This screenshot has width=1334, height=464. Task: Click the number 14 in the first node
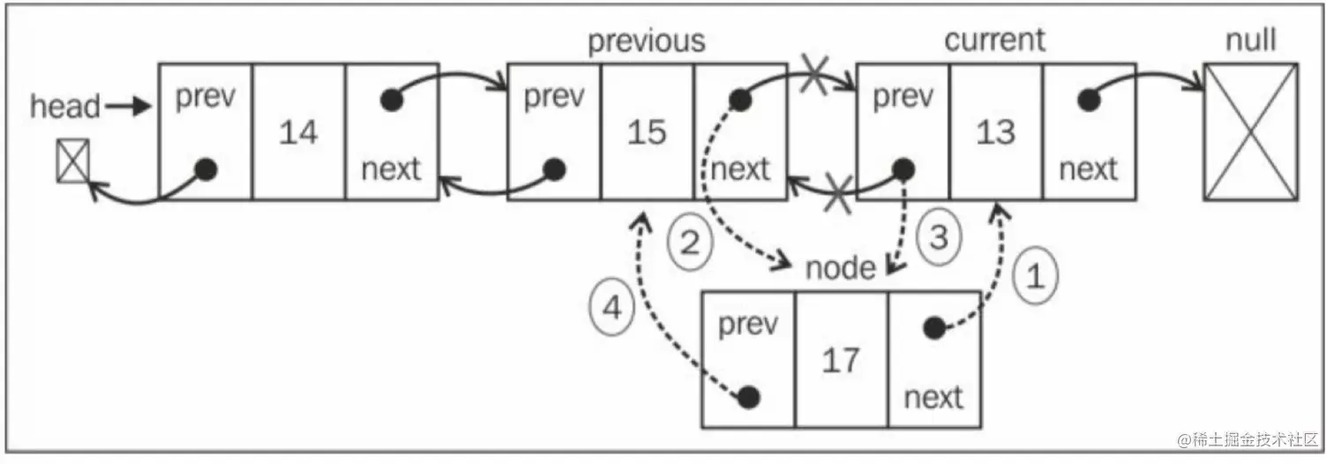click(298, 132)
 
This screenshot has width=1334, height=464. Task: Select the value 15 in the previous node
click(647, 132)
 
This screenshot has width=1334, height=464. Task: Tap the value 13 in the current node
click(996, 132)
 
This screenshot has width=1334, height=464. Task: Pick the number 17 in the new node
click(841, 360)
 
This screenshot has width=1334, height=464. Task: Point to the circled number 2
click(689, 240)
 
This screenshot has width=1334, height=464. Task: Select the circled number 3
click(940, 235)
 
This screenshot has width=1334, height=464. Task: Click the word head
click(65, 107)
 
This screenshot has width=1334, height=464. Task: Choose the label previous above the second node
click(647, 41)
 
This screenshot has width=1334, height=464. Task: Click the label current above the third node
click(994, 40)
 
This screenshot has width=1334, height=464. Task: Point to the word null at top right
click(1251, 40)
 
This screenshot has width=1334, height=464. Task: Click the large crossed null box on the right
click(1251, 131)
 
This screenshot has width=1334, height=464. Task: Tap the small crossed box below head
click(72, 162)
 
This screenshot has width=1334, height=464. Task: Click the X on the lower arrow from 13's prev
click(837, 193)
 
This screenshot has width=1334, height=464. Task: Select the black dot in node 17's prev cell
click(749, 397)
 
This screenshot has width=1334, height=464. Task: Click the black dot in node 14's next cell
click(392, 101)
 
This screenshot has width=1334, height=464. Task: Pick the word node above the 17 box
click(840, 267)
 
